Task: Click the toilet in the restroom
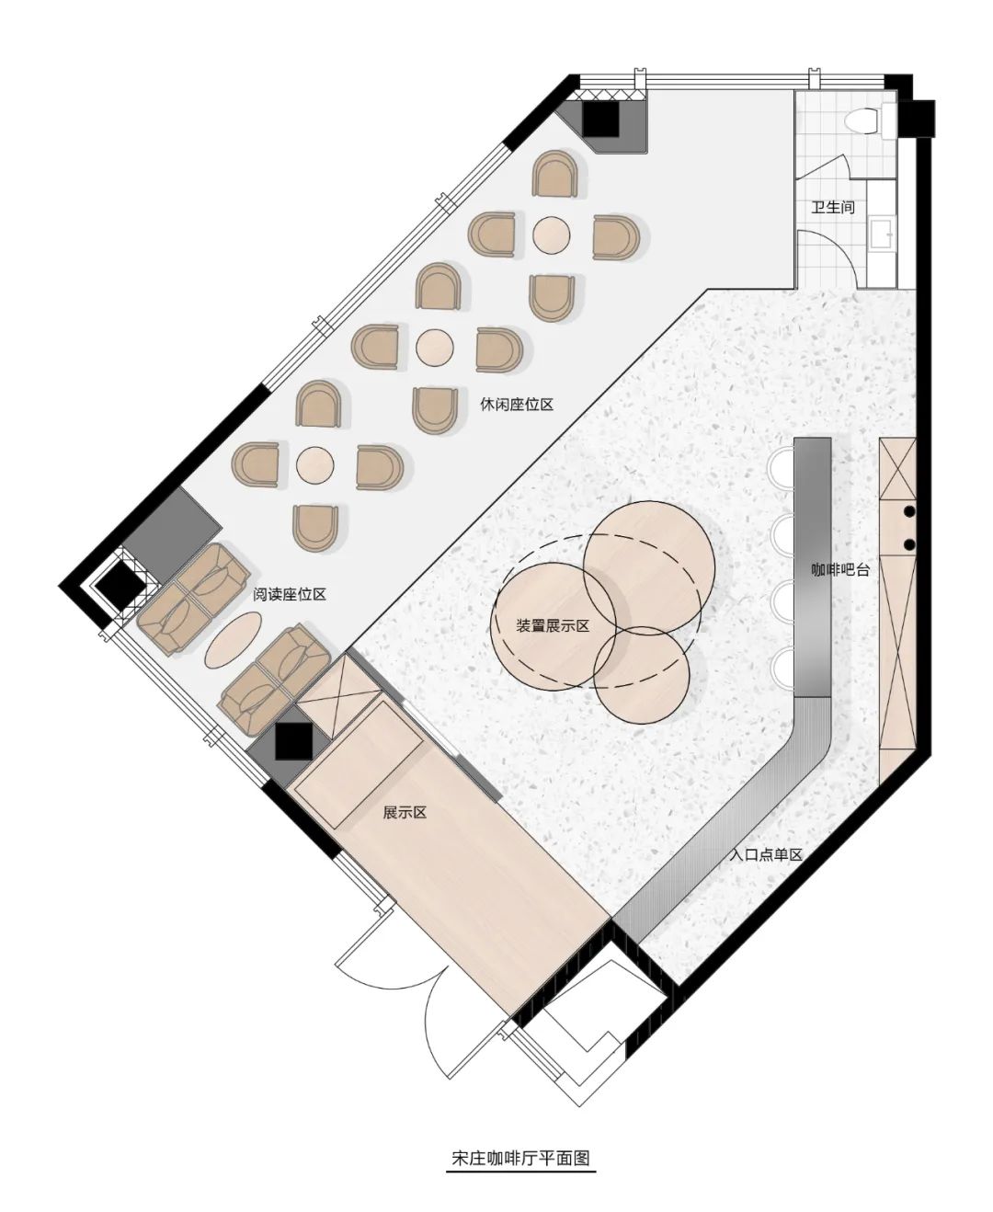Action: click(862, 120)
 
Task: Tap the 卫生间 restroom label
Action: click(833, 207)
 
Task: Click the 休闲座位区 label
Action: click(517, 405)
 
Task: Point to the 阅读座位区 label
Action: click(290, 594)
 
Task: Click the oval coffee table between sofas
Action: click(234, 640)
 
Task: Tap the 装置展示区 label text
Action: click(553, 626)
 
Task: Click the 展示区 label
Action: click(405, 813)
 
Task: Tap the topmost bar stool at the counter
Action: click(782, 466)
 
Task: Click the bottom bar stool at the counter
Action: click(782, 668)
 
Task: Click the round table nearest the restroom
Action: click(551, 234)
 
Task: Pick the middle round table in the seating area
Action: click(434, 348)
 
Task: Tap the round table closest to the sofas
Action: click(314, 465)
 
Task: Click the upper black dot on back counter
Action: click(909, 511)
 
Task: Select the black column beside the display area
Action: click(293, 741)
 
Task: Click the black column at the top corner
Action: click(601, 120)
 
